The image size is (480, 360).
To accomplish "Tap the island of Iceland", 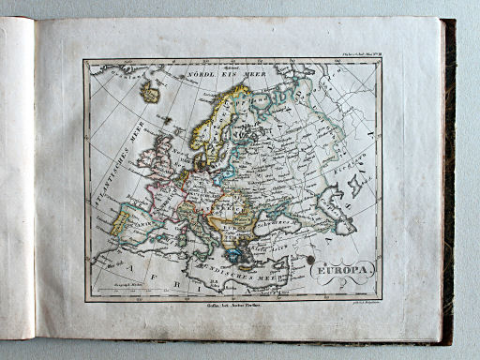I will (148, 92).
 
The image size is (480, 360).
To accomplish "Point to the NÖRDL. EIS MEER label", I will (214, 71).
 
